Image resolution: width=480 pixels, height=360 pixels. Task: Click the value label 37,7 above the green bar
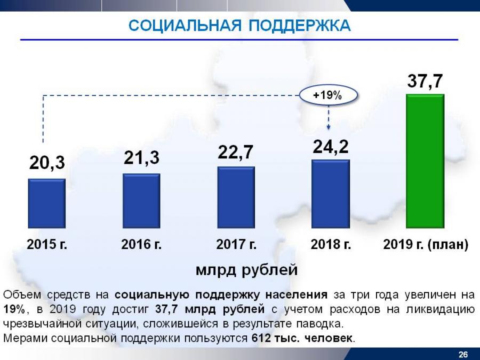tap(425, 82)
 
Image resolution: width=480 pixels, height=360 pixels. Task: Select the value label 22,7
tap(236, 153)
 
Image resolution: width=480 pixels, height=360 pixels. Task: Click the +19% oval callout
tap(327, 95)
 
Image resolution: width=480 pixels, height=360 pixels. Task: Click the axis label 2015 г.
tap(47, 245)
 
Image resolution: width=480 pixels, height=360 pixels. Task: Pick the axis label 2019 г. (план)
tap(426, 245)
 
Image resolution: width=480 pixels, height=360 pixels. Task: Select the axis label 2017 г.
tap(236, 245)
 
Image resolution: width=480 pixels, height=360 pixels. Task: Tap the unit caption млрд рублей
tap(246, 270)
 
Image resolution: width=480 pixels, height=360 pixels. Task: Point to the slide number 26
tap(463, 355)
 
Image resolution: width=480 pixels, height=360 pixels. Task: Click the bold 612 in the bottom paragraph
tap(259, 338)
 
